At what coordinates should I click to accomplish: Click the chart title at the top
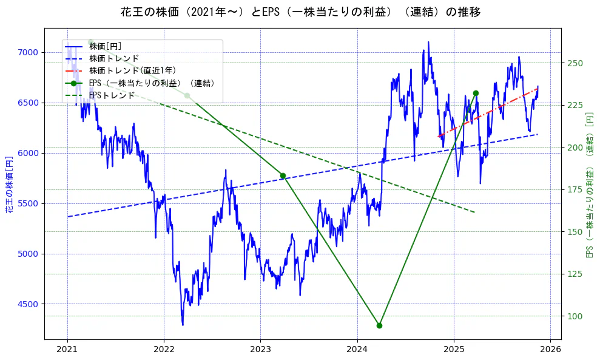coord(300,12)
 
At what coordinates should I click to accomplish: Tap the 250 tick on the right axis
coord(575,63)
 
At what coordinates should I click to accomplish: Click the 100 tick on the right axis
coord(575,316)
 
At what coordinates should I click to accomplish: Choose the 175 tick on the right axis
coord(575,189)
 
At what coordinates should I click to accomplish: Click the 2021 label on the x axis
coord(67,350)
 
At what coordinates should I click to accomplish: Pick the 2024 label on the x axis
coord(357,350)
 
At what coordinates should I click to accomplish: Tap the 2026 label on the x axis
coord(550,350)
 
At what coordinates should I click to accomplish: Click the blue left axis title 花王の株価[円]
coord(9,185)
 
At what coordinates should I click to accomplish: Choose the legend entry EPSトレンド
coord(112,95)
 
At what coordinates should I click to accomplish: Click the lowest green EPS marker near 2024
coord(379,325)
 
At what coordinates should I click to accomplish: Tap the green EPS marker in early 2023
coord(283,175)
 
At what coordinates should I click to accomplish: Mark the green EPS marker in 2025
coord(476,93)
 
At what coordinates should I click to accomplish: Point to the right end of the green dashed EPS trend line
coord(474,212)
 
